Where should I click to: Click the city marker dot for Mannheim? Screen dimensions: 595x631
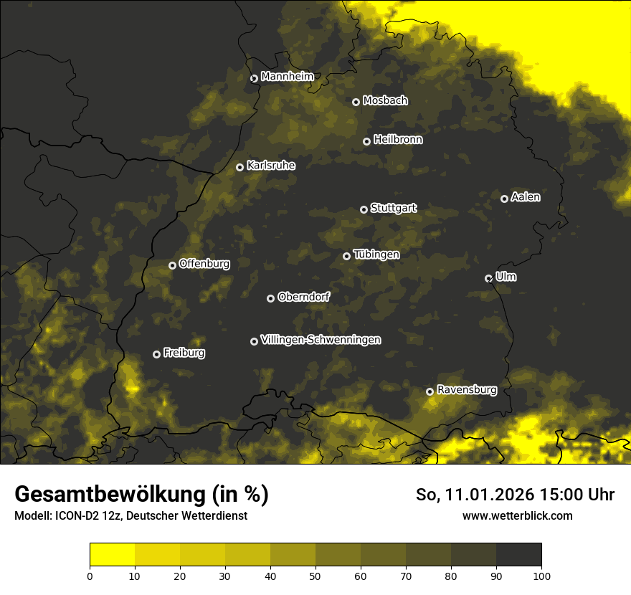pos(254,79)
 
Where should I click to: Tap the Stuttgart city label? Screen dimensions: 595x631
pos(393,209)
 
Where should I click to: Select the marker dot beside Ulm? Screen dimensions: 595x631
pos(488,278)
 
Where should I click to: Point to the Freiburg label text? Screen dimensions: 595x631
pos(184,353)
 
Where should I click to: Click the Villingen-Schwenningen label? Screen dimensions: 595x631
pos(321,340)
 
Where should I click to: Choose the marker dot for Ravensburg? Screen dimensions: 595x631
pos(430,391)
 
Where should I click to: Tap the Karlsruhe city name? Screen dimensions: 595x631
pos(270,166)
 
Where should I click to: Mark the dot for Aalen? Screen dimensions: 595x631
pos(504,199)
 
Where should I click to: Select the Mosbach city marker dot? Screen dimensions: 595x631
pos(356,102)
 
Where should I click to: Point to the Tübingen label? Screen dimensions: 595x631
pos(376,254)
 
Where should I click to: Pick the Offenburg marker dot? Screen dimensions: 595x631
pos(172,265)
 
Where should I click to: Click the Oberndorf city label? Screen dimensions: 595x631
pos(303,297)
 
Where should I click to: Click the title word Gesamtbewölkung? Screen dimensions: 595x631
pos(108,495)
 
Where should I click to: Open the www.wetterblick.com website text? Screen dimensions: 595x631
pos(517,515)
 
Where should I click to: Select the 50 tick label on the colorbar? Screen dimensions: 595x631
pos(315,576)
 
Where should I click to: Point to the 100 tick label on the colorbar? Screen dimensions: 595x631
pos(541,576)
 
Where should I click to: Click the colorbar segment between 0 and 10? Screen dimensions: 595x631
pos(113,555)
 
